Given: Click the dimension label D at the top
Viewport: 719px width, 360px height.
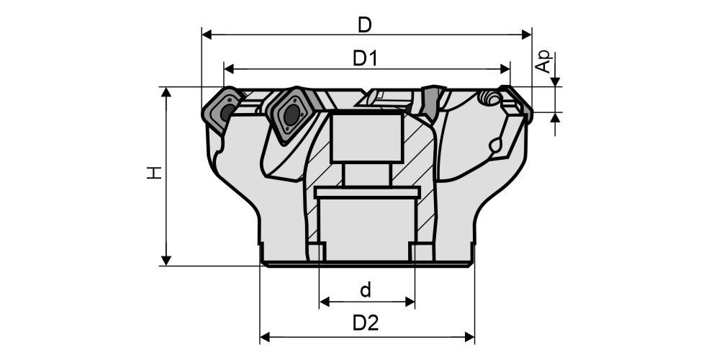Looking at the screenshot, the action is [x=365, y=25].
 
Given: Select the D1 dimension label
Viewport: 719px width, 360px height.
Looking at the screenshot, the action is [x=365, y=59].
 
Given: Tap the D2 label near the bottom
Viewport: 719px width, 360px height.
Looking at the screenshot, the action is [x=366, y=323].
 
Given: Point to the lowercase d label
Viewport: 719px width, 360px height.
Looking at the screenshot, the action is [x=366, y=290].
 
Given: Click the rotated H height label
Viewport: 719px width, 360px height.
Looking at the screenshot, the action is [x=155, y=172].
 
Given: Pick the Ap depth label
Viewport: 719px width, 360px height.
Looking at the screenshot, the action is [x=544, y=62].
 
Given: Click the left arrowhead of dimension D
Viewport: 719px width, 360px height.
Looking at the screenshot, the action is [x=207, y=35].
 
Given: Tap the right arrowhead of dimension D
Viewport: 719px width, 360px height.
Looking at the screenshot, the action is [x=527, y=35].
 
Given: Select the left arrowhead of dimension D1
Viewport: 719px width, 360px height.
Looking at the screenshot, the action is [x=229, y=69].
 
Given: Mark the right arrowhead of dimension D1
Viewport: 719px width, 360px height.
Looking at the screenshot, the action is [x=505, y=69].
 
